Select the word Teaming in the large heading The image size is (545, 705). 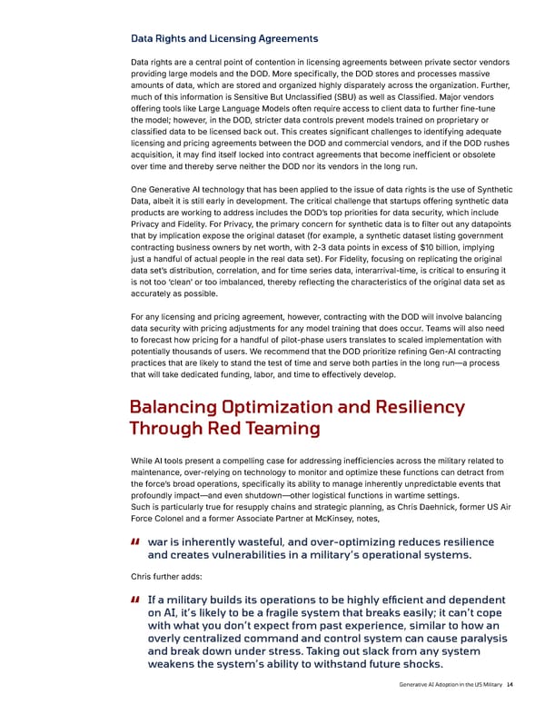pyautogui.click(x=282, y=428)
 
